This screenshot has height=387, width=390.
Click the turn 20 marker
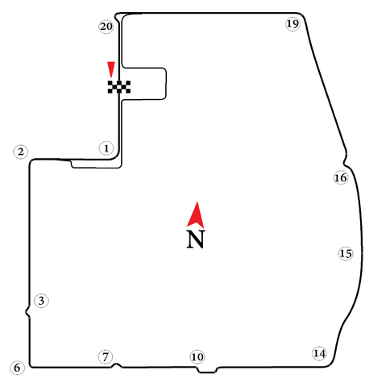(106, 27)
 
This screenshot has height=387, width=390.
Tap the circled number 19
(292, 24)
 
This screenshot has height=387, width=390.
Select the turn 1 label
(106, 148)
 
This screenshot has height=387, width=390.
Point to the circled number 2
(21, 152)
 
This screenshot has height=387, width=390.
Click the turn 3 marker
(41, 301)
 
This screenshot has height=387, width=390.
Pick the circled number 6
(17, 368)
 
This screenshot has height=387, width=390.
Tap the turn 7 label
(105, 357)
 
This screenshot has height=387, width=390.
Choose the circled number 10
(197, 357)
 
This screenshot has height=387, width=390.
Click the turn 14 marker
(320, 353)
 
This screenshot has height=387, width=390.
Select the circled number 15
(346, 253)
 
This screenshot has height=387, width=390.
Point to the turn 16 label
(341, 177)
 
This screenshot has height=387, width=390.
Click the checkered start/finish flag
(119, 87)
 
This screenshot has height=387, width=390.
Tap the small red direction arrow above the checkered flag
(111, 69)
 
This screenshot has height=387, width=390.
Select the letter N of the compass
(196, 239)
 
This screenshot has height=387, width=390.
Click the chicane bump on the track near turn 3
(27, 312)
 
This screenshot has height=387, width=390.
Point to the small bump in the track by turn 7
(116, 364)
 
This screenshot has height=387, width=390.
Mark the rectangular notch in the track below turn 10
(207, 370)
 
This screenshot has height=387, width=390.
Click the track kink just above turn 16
(345, 159)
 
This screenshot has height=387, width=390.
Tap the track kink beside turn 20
(117, 17)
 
